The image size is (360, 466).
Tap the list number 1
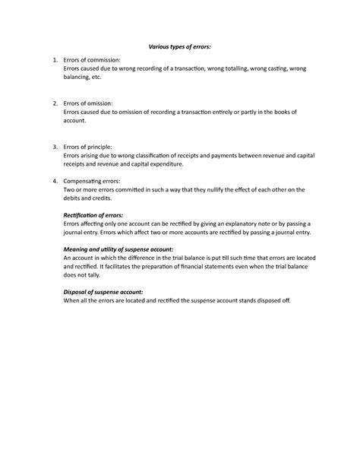[50, 59]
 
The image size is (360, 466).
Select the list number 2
[50, 103]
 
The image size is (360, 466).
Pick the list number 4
[50, 180]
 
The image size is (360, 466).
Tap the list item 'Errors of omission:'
[90, 103]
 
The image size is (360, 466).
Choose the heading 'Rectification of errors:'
[93, 215]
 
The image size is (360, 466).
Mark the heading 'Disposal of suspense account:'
[103, 291]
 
